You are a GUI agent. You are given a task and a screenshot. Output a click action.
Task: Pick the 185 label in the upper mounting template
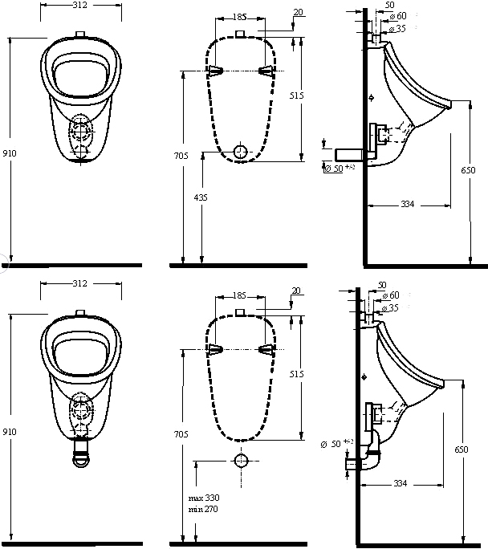(239, 16)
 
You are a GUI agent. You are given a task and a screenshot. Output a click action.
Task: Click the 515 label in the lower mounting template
(296, 374)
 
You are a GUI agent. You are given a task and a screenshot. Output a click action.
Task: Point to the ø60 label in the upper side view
(398, 16)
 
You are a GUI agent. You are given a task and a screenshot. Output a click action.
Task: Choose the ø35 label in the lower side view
(393, 307)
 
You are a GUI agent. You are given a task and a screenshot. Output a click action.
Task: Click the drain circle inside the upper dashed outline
(240, 151)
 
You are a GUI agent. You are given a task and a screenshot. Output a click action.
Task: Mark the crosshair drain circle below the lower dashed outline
(240, 461)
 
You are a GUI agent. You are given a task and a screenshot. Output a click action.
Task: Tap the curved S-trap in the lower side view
(371, 456)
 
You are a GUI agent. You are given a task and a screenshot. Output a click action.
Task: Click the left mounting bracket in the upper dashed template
(214, 70)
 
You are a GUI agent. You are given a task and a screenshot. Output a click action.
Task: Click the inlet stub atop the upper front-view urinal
(79, 35)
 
